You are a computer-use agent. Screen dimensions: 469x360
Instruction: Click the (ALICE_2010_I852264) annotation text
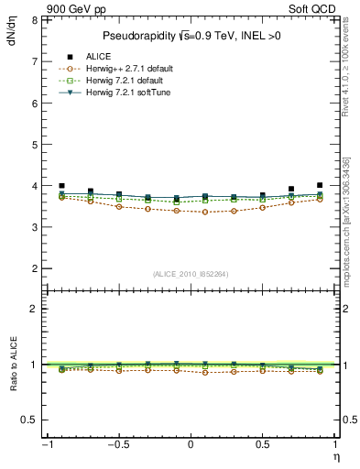point(191,273)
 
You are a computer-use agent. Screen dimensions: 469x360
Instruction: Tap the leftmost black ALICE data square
point(61,186)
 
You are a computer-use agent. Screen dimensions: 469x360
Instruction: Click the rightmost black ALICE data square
point(320,185)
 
